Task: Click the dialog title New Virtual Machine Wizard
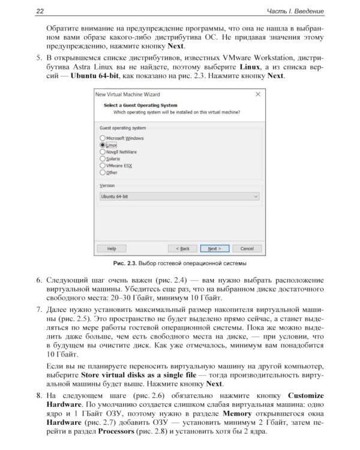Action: (x=128, y=95)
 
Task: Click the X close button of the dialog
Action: (x=258, y=95)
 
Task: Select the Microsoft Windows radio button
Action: (x=103, y=138)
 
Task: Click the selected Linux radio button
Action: (x=103, y=145)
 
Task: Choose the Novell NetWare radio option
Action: (x=103, y=152)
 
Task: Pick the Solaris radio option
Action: (x=103, y=159)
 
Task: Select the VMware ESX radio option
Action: (x=103, y=166)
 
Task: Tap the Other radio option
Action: (x=103, y=172)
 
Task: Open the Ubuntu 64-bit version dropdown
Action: (x=179, y=196)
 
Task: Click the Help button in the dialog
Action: (x=112, y=248)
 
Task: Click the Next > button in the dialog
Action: (x=214, y=248)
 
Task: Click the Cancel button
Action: (x=247, y=248)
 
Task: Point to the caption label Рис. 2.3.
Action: (x=124, y=263)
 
